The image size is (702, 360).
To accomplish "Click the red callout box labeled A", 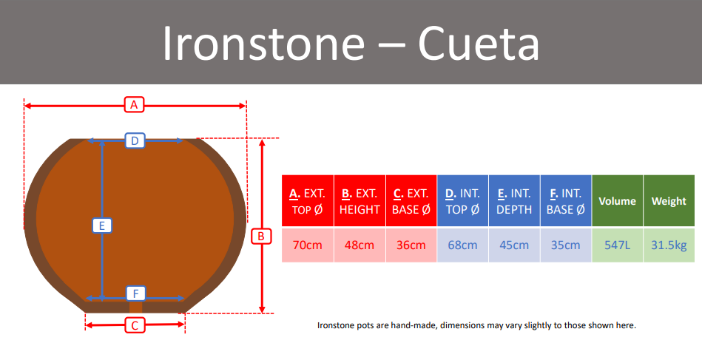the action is click(x=134, y=105).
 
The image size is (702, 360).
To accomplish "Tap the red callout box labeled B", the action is click(x=261, y=236).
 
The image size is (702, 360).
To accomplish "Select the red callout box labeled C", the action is click(x=135, y=325).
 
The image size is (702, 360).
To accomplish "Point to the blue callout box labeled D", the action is click(x=135, y=141).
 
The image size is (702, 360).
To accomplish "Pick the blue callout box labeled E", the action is click(x=102, y=225).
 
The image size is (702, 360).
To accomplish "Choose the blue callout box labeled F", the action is click(x=135, y=293).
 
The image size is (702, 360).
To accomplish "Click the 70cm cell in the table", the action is click(x=308, y=245).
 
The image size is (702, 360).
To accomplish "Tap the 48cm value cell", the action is click(x=360, y=245).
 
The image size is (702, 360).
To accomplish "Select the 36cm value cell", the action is click(x=411, y=245).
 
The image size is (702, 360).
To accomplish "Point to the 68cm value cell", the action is click(x=462, y=245).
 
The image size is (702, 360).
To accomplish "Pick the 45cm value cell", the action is click(x=514, y=245).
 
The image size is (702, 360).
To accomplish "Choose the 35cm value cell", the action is click(x=565, y=245).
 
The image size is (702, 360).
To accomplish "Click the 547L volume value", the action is click(x=618, y=245).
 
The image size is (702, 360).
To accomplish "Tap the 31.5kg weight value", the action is click(x=669, y=245).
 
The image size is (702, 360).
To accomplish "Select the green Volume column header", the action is click(x=618, y=201).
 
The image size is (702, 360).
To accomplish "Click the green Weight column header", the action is click(x=669, y=201).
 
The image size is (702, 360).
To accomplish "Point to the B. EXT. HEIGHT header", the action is click(x=360, y=201).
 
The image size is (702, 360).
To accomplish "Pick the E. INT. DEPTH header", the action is click(x=514, y=201).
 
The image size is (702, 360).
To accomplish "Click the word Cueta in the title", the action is click(x=479, y=43).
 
